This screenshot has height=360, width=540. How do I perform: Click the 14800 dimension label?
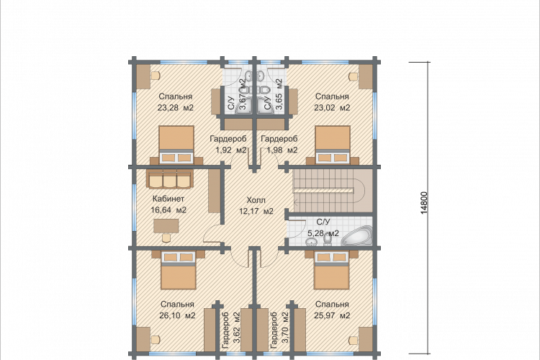pos(424,203)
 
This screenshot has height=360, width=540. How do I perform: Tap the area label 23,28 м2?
pos(176,108)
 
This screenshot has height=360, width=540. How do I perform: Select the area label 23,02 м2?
pos(332,108)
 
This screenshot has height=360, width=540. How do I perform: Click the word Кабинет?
pos(168,199)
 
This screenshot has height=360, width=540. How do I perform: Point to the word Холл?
pos(256,200)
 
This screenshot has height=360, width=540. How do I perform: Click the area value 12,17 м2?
pos(256,211)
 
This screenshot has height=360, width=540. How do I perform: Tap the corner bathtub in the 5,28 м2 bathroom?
pos(357,235)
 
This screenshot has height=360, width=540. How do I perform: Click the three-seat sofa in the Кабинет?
pos(169,179)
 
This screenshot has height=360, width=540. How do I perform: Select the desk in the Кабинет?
pos(166,226)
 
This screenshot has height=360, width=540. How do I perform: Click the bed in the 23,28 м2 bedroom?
pos(176,144)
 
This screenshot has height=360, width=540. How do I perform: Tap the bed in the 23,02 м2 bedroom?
pos(333,144)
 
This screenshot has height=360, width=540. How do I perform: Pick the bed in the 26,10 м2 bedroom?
pos(179,270)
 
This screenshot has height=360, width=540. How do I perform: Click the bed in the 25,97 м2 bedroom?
pos(332,270)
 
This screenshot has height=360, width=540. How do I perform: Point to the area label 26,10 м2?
pos(178,315)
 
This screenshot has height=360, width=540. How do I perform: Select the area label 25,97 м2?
pos(333,315)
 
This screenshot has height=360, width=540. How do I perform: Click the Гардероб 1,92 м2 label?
pos(228,145)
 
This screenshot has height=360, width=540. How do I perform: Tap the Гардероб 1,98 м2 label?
pos(279,145)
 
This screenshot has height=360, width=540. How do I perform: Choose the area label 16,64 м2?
pos(168,210)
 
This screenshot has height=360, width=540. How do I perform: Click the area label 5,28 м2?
pos(323,233)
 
